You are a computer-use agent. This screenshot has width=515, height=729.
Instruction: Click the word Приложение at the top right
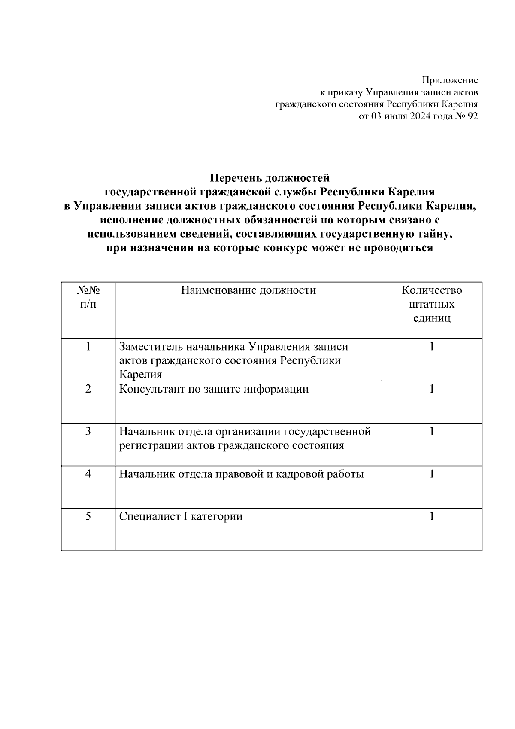point(450,80)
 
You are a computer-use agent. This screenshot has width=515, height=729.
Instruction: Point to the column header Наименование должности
point(248,290)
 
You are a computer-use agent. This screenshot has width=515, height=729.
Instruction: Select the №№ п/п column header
point(88,297)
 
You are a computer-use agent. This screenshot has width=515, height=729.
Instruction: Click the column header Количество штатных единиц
point(432,304)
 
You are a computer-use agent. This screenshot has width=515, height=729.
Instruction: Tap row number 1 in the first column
point(88,346)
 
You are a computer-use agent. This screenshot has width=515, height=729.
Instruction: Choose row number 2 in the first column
point(88,389)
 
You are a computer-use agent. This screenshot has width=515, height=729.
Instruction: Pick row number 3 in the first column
point(88,431)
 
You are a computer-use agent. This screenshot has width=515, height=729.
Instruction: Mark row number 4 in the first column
point(88,474)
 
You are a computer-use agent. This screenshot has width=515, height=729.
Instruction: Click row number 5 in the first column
point(88,516)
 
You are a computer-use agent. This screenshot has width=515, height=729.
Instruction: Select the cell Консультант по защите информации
point(214,389)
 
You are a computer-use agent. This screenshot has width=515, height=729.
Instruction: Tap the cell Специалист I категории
point(181,516)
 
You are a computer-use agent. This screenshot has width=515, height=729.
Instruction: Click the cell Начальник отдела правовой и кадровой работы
point(241,474)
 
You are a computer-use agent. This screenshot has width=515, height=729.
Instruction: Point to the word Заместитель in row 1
point(147,346)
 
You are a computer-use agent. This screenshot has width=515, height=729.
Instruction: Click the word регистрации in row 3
point(151,445)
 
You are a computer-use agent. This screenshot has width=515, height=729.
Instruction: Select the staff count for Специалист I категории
point(432,516)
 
